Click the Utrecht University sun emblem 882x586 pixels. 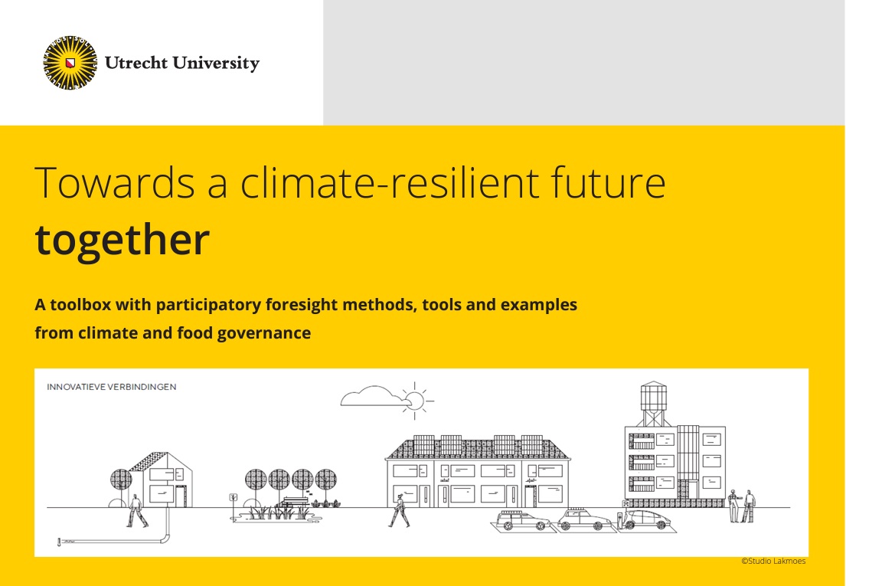tap(70, 63)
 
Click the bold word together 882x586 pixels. tap(122, 239)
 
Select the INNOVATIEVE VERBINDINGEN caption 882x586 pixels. tap(112, 387)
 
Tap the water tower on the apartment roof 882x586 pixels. tap(653, 402)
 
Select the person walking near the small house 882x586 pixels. tap(138, 510)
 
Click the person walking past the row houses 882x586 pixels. tap(400, 509)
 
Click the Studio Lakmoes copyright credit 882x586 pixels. tap(773, 561)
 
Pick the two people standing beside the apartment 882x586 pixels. tap(741, 506)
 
